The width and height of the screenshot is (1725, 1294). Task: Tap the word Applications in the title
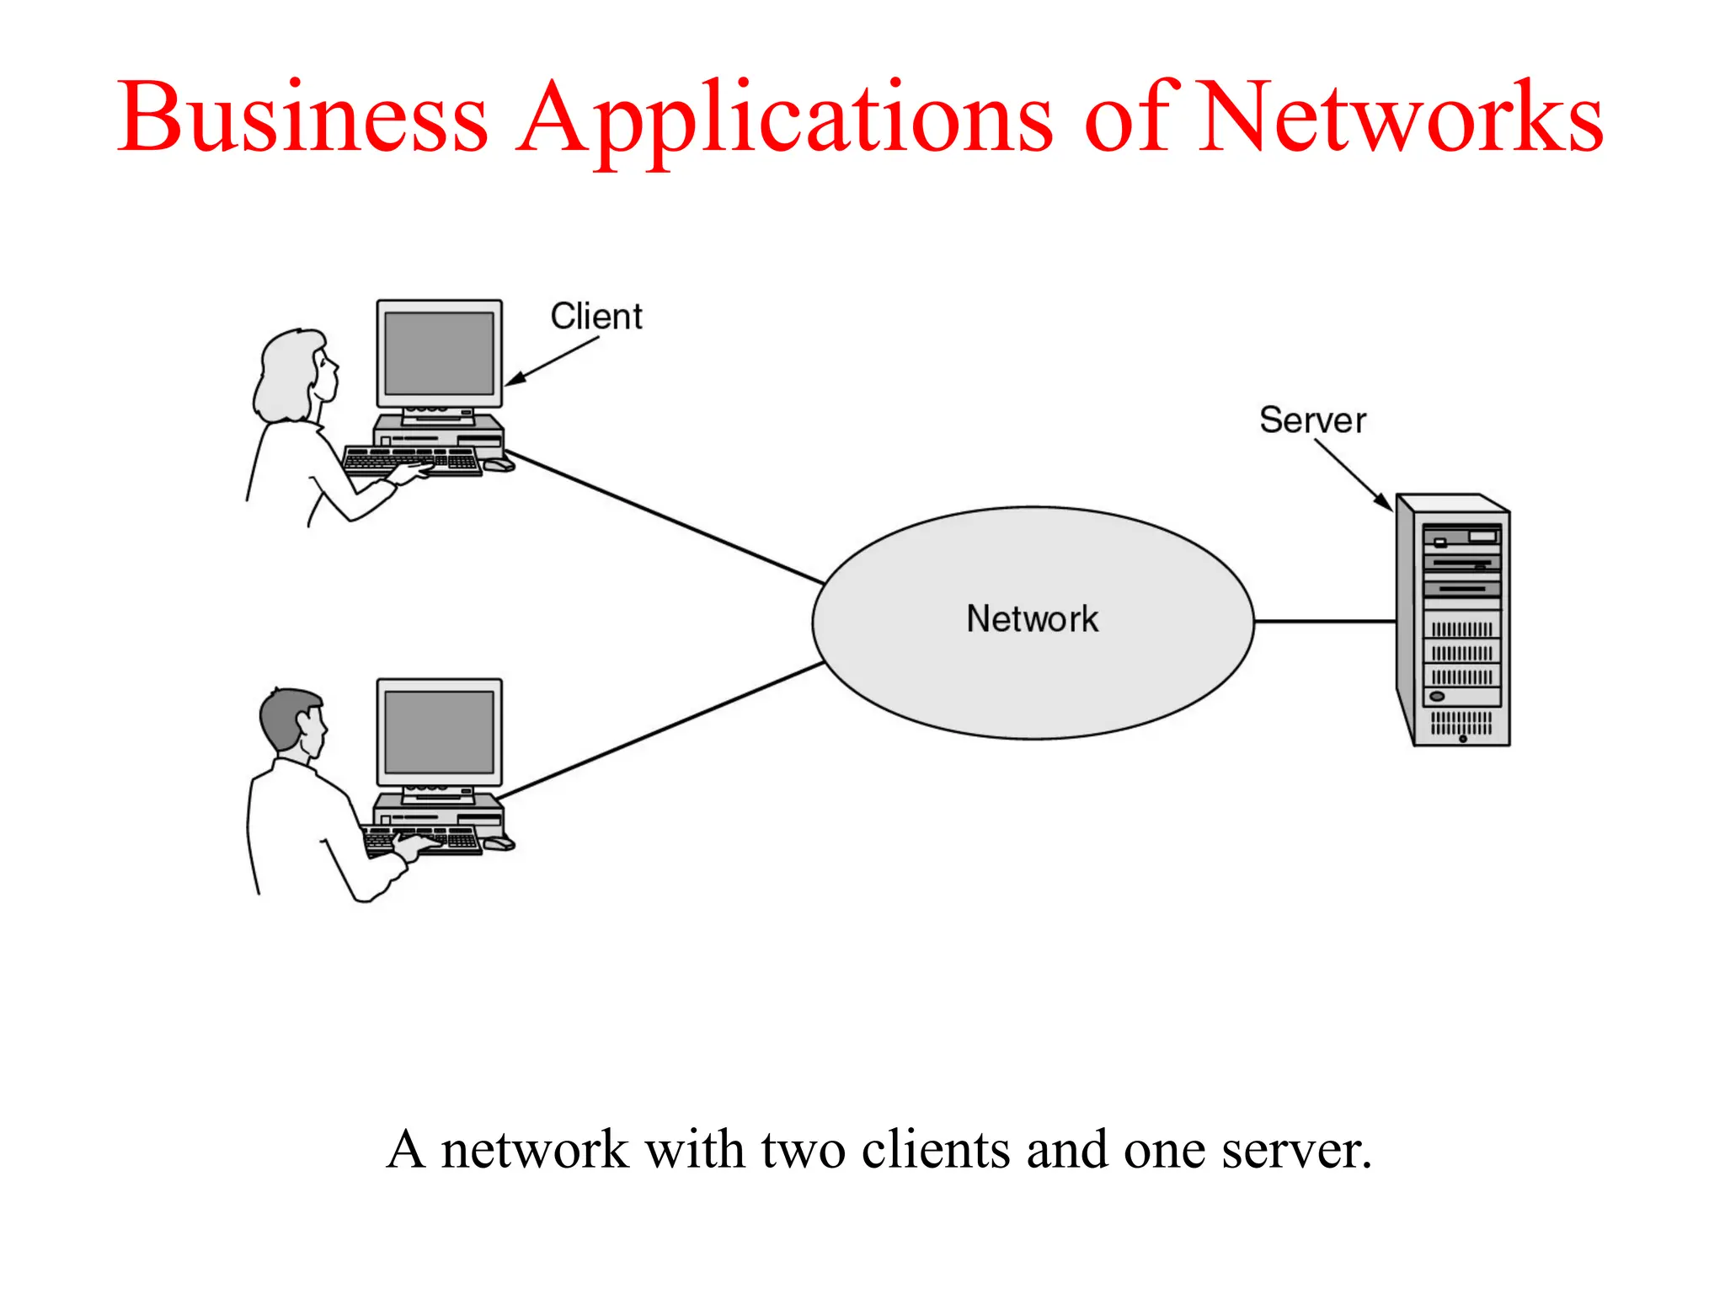click(x=783, y=118)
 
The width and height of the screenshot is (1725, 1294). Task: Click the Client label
click(x=596, y=317)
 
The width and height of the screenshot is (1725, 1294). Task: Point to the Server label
click(x=1312, y=420)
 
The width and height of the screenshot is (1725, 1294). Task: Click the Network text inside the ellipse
click(x=1032, y=619)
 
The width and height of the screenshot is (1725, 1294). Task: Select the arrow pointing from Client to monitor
click(x=552, y=361)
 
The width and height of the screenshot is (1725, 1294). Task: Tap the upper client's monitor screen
click(x=439, y=353)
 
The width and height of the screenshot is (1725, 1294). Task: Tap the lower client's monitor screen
click(x=439, y=732)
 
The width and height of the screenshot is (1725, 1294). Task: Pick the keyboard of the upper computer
click(x=412, y=461)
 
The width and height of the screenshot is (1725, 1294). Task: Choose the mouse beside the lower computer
click(x=498, y=842)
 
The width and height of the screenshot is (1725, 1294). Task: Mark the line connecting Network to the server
click(x=1324, y=622)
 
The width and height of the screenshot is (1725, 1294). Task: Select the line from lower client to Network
click(x=661, y=730)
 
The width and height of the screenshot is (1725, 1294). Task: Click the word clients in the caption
click(x=935, y=1151)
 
